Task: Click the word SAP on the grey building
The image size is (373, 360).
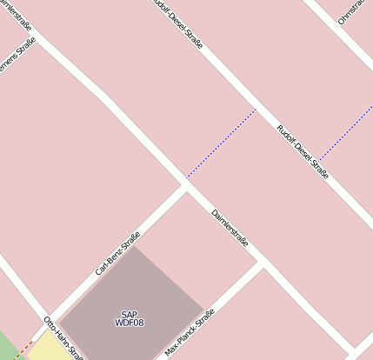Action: click(x=129, y=314)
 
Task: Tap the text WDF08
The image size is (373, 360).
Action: click(x=129, y=323)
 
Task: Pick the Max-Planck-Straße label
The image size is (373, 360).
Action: click(x=189, y=337)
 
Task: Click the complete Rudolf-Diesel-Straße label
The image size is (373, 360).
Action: click(x=302, y=152)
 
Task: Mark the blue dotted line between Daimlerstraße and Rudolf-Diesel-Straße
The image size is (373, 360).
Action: click(x=222, y=143)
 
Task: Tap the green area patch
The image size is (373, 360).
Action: click(x=6, y=347)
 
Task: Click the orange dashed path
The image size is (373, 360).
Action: click(x=24, y=348)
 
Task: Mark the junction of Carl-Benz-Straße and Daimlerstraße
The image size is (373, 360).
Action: click(x=185, y=184)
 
